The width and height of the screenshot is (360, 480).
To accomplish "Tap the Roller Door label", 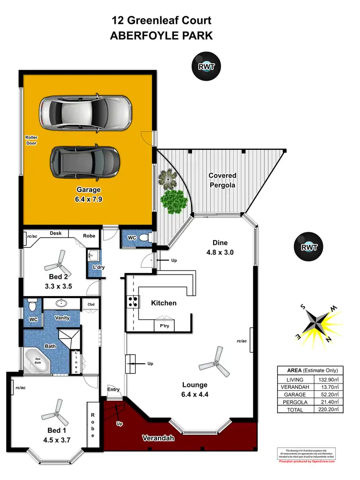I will click(31, 140).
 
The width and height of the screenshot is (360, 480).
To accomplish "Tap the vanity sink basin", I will click(61, 303).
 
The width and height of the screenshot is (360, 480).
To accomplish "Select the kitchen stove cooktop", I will click(132, 302).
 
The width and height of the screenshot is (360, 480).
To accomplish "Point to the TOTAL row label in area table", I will click(294, 410).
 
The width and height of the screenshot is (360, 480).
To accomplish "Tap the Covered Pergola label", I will click(222, 180).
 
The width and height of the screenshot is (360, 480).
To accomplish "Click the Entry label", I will click(113, 390).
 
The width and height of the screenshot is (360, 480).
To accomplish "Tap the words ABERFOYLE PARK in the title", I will click(161, 36).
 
